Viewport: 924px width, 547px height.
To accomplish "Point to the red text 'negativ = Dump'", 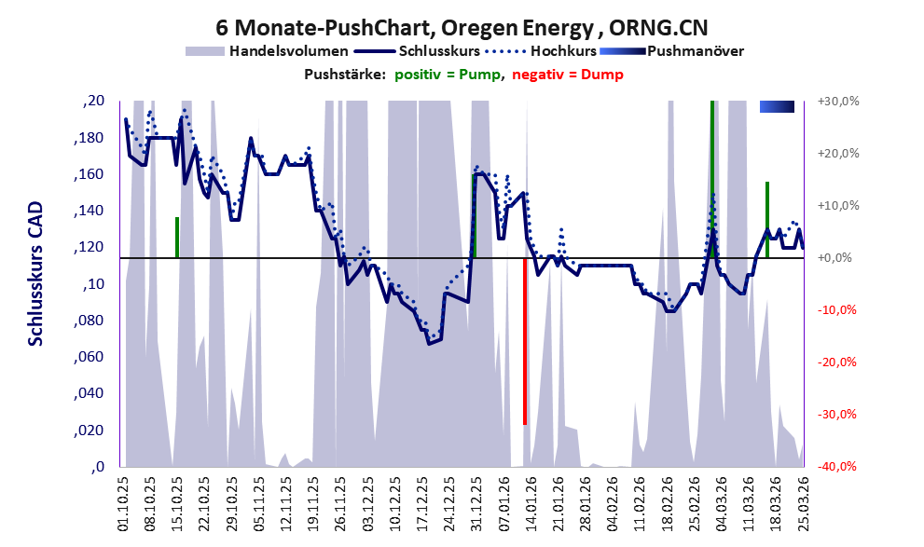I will coord(567,75).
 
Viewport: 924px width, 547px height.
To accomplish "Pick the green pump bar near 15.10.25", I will coord(176,238).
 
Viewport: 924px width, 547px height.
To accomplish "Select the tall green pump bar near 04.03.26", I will coord(712,177).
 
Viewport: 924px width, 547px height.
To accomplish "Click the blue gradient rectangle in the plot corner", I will coord(777,107).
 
